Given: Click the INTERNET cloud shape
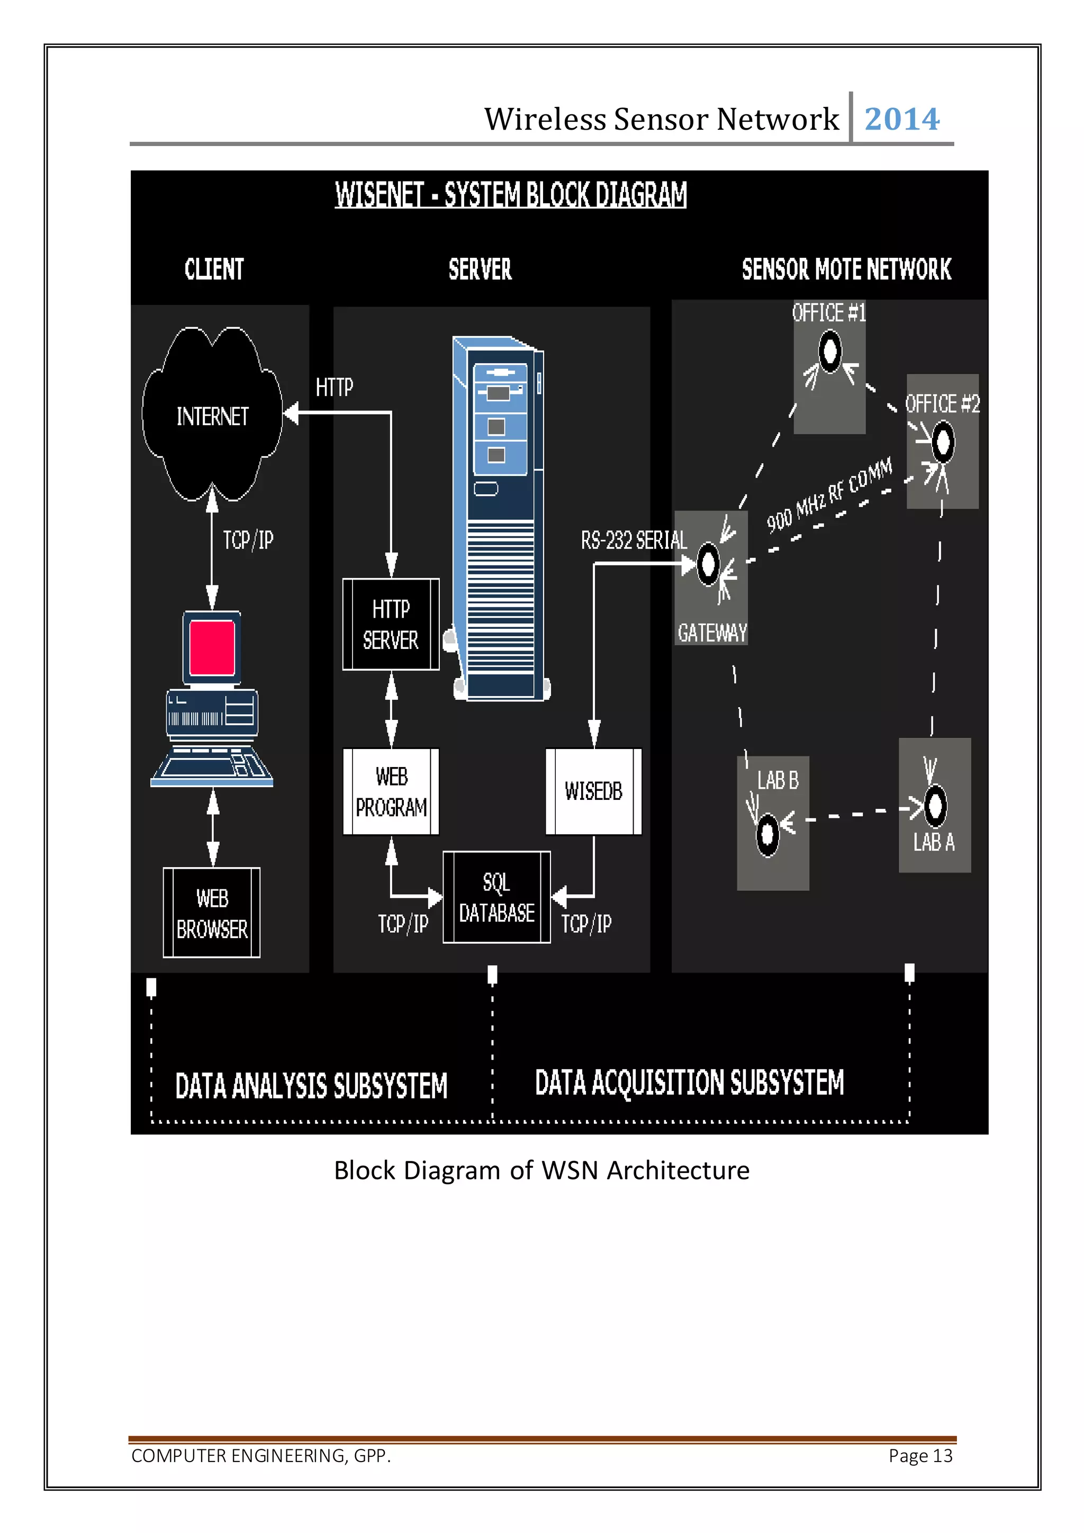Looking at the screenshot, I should (212, 416).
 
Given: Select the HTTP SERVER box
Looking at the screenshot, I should (391, 624).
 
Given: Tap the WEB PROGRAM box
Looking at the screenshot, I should (391, 791).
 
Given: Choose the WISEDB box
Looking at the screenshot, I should (593, 791).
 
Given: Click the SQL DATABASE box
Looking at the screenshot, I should (496, 897).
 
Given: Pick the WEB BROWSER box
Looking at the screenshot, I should (212, 913).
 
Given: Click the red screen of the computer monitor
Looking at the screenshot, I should (212, 647).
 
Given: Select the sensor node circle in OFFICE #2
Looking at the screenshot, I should (943, 442).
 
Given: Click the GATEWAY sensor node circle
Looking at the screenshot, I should (708, 565).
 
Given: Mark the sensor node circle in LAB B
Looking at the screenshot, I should (767, 833).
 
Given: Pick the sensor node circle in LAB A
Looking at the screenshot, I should (935, 805).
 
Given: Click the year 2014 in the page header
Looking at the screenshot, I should (902, 120).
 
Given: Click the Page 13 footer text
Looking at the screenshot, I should (920, 1456).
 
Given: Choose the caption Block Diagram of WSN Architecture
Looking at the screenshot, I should (541, 1170).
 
